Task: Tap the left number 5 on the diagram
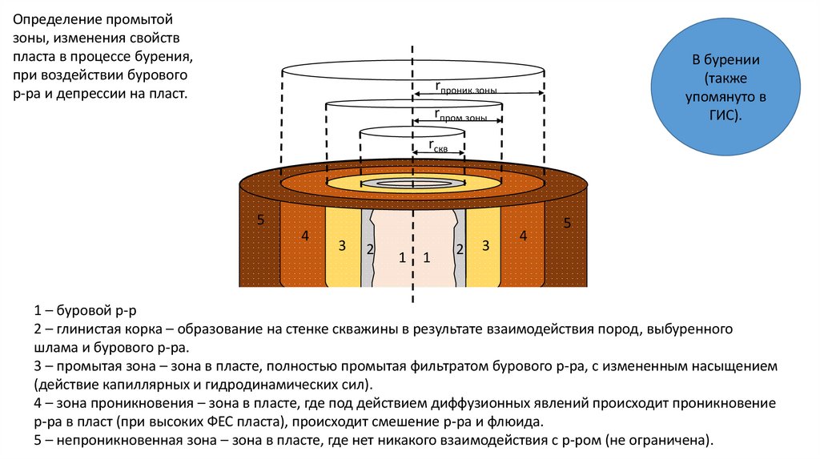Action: coord(259,220)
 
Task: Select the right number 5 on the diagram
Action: coord(567,222)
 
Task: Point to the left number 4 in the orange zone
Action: coord(304,236)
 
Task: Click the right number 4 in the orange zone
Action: coord(523,236)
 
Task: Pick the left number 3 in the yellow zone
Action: coord(341,245)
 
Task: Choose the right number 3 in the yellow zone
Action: coord(485,245)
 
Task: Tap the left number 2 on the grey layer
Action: coord(369,249)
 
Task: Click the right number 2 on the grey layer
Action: coord(460,249)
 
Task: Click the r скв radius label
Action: coord(438,144)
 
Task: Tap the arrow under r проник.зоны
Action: coord(479,95)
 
